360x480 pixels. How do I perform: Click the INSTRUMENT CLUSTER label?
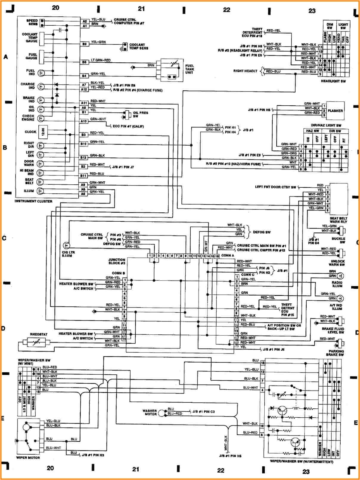click(33, 201)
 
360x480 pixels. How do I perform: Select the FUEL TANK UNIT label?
click(189, 69)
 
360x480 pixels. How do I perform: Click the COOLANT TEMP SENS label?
click(139, 46)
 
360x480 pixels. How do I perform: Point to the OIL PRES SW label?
click(140, 114)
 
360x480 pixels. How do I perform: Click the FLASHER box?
click(335, 111)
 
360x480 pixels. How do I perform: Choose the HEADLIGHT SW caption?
click(333, 81)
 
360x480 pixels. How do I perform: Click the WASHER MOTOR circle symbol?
click(162, 413)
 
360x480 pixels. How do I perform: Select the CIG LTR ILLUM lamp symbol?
click(66, 246)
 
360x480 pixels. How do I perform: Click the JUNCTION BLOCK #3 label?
click(117, 261)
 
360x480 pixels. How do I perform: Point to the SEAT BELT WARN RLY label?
click(338, 220)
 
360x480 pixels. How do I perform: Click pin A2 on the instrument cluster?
click(85, 21)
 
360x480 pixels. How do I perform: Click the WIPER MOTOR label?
click(28, 458)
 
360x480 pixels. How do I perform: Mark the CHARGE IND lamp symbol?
click(41, 87)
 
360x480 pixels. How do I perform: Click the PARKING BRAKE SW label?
click(336, 353)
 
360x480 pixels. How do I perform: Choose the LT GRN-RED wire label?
click(101, 60)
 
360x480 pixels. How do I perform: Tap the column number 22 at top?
click(226, 10)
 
